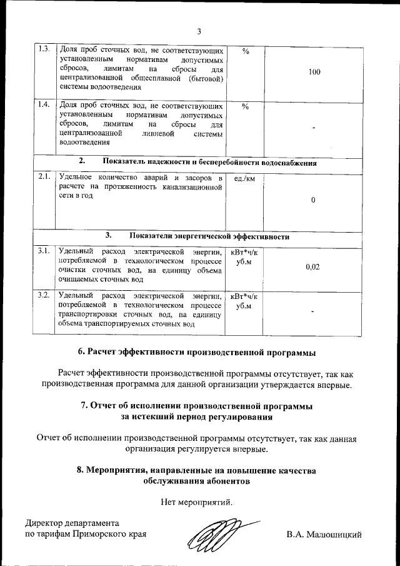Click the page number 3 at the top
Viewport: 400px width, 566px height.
click(x=199, y=32)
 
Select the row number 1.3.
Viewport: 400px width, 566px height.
click(x=44, y=49)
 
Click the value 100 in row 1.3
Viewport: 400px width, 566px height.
click(x=314, y=73)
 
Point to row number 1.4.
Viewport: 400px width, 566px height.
click(x=44, y=104)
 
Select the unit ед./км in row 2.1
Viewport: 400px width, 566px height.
click(x=244, y=179)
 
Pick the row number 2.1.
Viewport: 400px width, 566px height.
click(x=44, y=178)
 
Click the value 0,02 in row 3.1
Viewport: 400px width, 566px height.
click(x=313, y=267)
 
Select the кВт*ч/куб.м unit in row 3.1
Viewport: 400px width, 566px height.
click(x=244, y=257)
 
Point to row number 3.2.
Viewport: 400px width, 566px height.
click(x=44, y=294)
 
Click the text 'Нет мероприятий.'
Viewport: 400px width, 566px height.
click(x=197, y=502)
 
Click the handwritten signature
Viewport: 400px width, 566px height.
click(x=216, y=535)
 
